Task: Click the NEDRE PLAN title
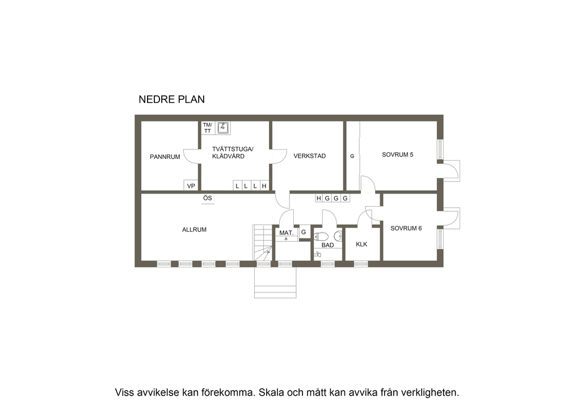tap(171, 99)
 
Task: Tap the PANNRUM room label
tap(165, 157)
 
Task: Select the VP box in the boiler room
tap(191, 185)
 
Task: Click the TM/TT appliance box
tap(208, 128)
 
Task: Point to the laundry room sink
tap(222, 128)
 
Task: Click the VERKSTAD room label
tap(310, 156)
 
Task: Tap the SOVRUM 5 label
tap(398, 154)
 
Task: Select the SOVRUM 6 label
tap(406, 228)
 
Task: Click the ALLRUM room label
tap(194, 230)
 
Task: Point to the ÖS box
tap(208, 198)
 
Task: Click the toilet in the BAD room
tap(321, 237)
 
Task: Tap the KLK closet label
tap(361, 244)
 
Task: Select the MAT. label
tap(287, 233)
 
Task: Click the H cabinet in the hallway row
tap(319, 198)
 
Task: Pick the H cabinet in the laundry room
tap(264, 186)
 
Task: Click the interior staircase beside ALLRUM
tap(263, 242)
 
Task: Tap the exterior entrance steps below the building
tap(275, 282)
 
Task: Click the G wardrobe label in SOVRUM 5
tap(352, 156)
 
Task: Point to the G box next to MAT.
tap(304, 232)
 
